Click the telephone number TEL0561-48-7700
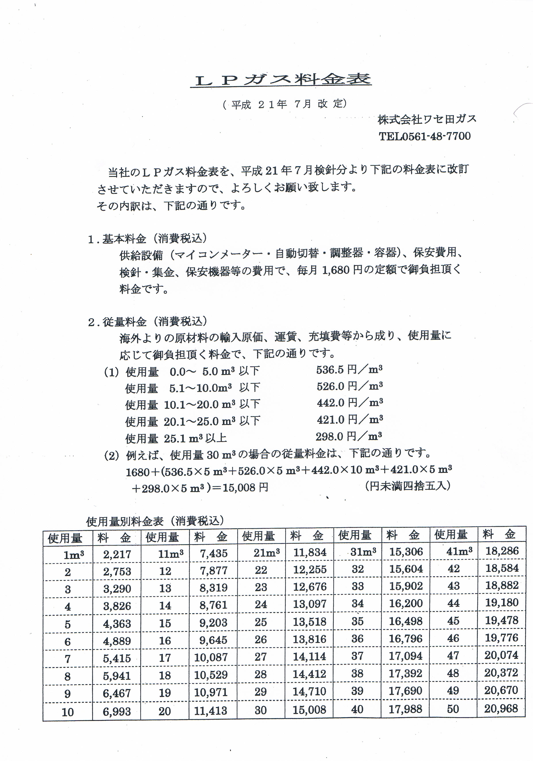[424, 136]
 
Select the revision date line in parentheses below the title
[285, 104]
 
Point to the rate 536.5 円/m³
[349, 370]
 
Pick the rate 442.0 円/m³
[350, 403]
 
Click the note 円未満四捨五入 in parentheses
[408, 486]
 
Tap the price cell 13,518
[310, 622]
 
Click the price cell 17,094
[406, 656]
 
